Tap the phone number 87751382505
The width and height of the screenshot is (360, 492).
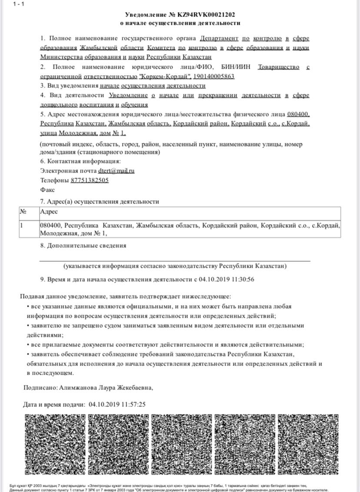(89, 180)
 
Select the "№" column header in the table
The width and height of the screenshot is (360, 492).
(23, 212)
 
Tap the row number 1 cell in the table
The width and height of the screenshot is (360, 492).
(22, 225)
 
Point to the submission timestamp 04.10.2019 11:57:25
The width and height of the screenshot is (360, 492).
(117, 405)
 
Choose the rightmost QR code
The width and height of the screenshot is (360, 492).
(307, 444)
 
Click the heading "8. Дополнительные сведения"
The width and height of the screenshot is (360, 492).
(83, 246)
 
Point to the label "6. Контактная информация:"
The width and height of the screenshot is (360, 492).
(75, 161)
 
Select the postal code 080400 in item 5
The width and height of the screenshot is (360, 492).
(298, 114)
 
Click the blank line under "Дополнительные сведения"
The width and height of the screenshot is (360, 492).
(175, 260)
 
